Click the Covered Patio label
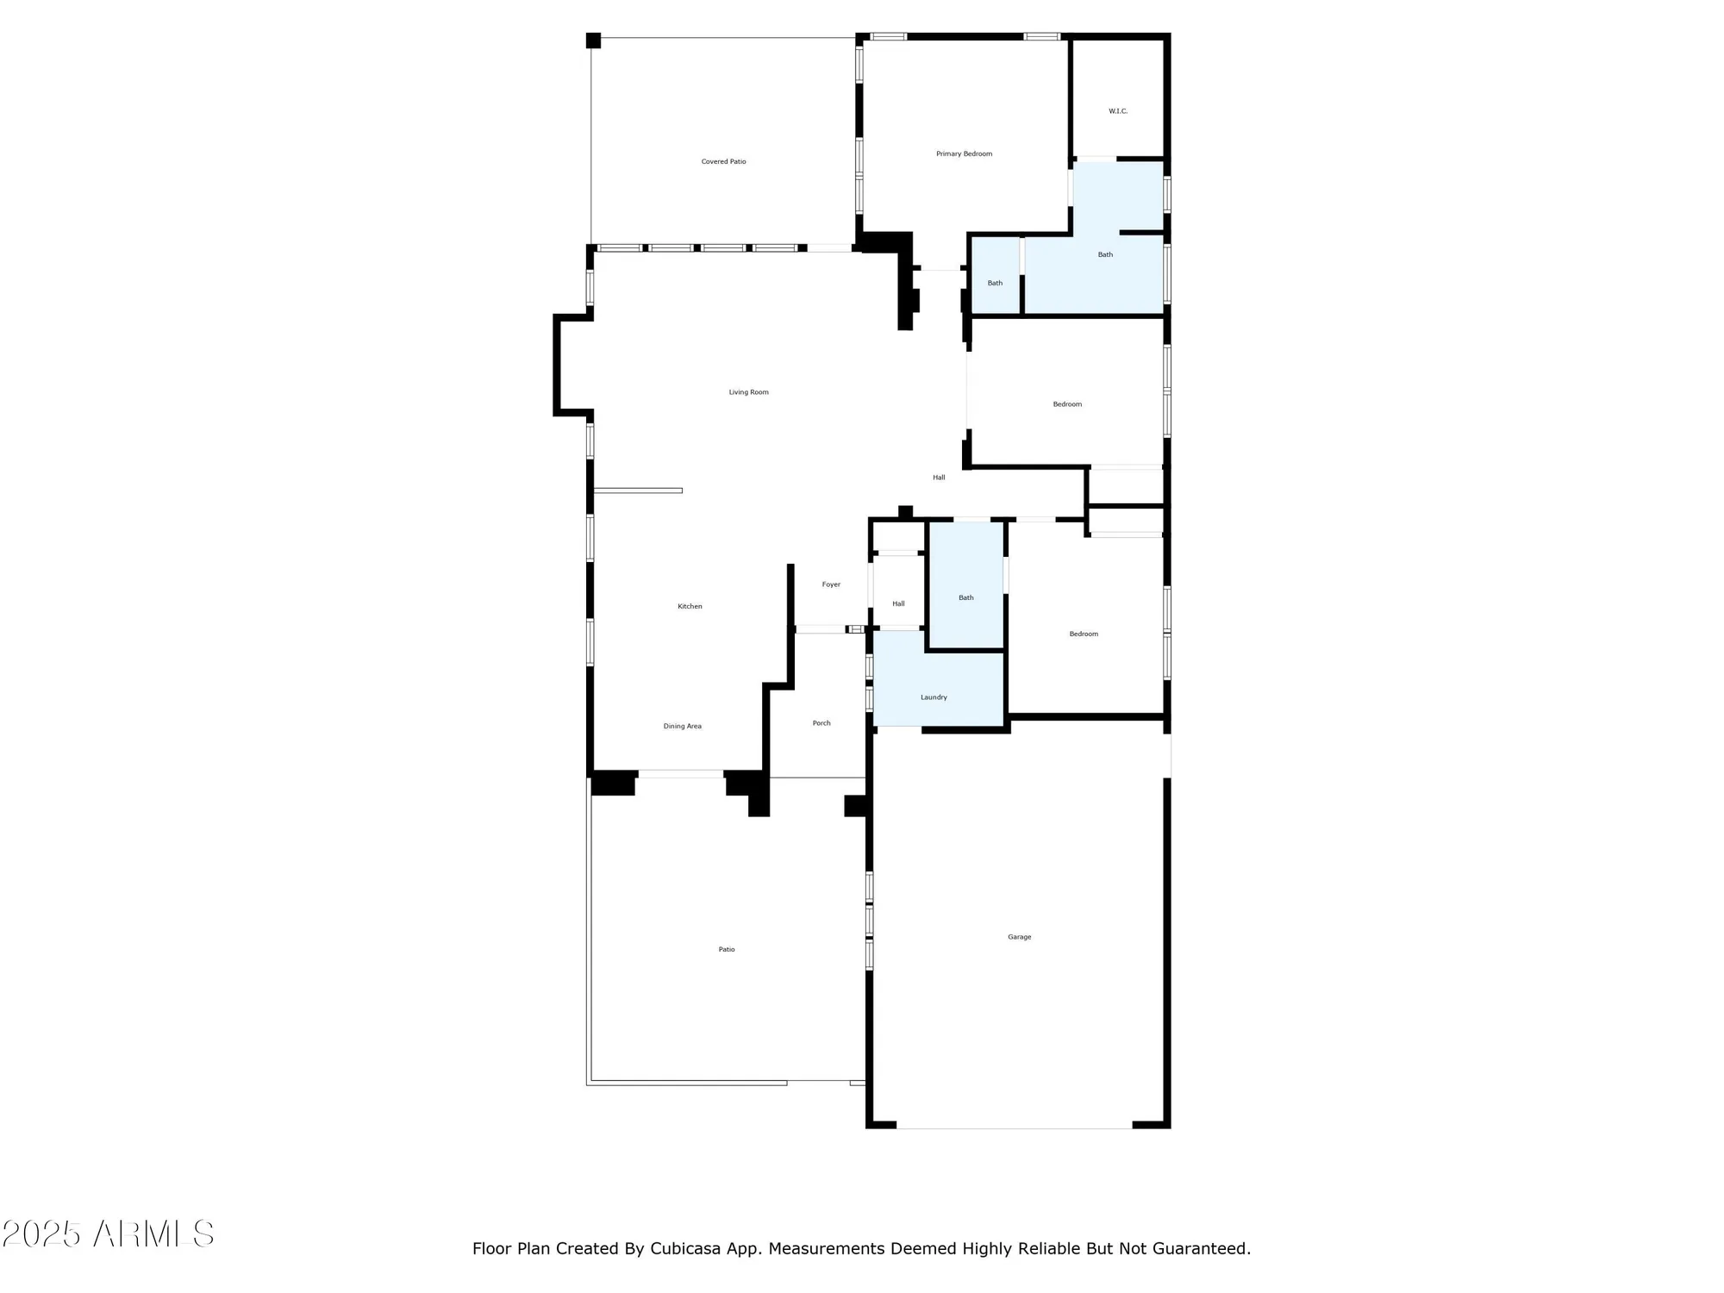tap(723, 161)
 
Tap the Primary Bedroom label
tap(964, 153)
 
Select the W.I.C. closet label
tap(1117, 111)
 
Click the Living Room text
tap(748, 392)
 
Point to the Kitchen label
tap(690, 606)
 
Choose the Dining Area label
tap(682, 726)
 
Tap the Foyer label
tap(831, 584)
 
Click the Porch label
tap(821, 723)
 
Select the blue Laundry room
tap(934, 697)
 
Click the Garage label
tap(1019, 937)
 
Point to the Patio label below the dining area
tap(727, 949)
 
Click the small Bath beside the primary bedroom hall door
tap(995, 283)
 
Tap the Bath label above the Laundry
tap(965, 597)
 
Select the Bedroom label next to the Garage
tap(1084, 634)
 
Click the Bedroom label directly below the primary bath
tap(1067, 404)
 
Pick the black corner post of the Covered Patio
tap(593, 41)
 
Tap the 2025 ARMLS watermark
tap(108, 1234)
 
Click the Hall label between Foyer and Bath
tap(898, 603)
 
